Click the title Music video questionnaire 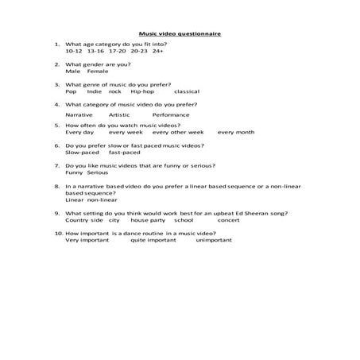180,33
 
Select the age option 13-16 98,51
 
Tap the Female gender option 98,72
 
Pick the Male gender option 73,72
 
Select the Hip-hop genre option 142,91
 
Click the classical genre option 186,91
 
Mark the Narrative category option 79,115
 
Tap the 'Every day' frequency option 79,132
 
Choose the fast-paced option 124,153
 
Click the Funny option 74,172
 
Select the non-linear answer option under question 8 101,199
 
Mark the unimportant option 214,239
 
